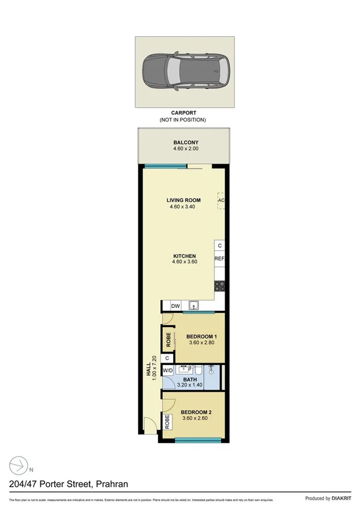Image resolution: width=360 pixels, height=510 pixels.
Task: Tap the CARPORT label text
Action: [183, 112]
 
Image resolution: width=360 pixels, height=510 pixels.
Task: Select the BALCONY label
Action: [183, 143]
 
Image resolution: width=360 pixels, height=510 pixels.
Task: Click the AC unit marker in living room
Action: [221, 201]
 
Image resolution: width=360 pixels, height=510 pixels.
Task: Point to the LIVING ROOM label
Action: [183, 200]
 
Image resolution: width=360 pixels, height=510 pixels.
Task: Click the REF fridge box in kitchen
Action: [219, 259]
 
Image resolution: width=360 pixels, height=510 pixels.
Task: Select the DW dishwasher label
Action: [175, 306]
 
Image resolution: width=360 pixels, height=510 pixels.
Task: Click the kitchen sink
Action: [194, 306]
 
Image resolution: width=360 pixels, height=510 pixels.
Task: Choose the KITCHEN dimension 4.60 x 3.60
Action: [185, 262]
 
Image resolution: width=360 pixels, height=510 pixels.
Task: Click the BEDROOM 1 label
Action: [201, 336]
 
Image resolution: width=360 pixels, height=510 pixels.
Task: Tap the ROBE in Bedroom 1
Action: [168, 339]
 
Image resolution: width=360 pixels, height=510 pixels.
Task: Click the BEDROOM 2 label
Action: [196, 413]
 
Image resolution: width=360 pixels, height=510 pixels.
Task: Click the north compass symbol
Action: [18, 465]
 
